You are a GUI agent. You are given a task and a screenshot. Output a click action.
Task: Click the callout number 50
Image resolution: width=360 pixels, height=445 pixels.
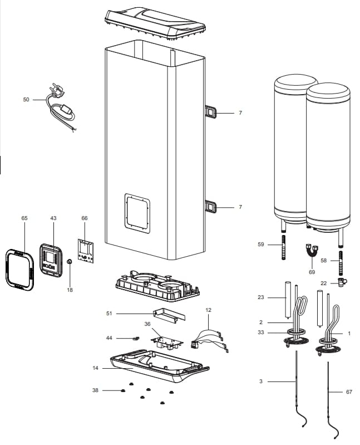(26, 99)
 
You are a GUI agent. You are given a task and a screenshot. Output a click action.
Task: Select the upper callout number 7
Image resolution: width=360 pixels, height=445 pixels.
(240, 113)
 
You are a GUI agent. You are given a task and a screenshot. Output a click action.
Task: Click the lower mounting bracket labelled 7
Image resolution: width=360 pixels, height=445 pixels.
(212, 207)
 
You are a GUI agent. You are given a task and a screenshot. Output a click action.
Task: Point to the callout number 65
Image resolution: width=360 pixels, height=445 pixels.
(24, 218)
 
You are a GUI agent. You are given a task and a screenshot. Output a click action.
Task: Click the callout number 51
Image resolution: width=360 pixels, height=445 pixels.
(109, 314)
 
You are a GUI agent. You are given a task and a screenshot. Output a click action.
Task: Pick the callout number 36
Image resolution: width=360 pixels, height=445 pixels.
(147, 324)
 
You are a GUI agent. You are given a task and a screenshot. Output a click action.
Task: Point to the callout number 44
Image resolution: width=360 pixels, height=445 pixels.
(109, 338)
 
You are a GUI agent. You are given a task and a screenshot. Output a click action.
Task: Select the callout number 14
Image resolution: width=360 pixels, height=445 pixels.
(96, 368)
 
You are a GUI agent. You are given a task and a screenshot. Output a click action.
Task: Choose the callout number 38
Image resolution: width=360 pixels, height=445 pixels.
(96, 390)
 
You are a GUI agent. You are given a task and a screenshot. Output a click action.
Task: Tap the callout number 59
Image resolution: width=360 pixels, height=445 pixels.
(261, 244)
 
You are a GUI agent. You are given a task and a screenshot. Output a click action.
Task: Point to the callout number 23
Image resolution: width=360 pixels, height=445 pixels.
(261, 297)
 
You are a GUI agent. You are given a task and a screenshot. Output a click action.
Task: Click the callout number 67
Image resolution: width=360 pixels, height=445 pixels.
(349, 392)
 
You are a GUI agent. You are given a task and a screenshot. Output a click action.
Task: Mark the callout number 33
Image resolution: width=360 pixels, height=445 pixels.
(261, 332)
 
